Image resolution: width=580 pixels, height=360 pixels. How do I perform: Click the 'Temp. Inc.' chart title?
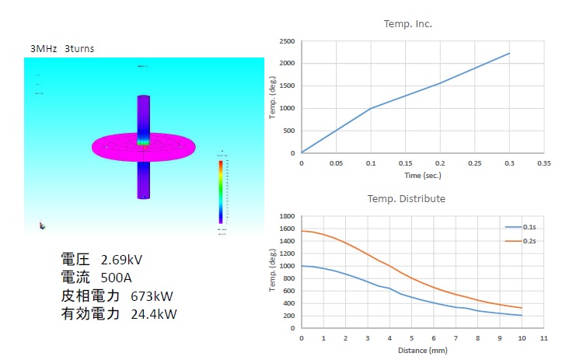point(407,24)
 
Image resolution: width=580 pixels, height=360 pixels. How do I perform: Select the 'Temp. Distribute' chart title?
point(406,199)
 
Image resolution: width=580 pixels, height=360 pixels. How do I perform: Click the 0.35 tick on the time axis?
point(543,164)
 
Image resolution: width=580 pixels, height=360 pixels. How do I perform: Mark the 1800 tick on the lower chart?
point(287,216)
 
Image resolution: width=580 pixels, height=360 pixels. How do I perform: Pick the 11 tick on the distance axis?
point(543,339)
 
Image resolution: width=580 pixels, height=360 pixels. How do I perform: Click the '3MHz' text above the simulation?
point(43,48)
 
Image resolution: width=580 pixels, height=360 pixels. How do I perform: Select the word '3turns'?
point(80,48)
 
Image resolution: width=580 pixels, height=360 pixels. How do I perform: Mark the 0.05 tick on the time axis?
point(336,164)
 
